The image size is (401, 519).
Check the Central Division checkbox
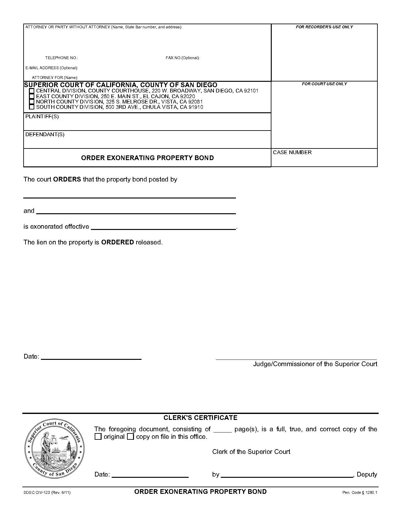pos(31,91)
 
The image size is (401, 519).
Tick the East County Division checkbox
pos(31,96)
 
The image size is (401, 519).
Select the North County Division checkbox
pos(31,102)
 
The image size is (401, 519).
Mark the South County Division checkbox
pos(31,107)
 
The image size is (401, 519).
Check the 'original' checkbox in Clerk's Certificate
pos(98,437)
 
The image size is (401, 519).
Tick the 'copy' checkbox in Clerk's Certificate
pos(131,437)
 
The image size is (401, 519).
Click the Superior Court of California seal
pos(54,449)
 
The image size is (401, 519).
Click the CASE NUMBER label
pos(292,153)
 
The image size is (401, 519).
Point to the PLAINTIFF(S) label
pos(42,117)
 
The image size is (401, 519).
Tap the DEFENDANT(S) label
pos(45,135)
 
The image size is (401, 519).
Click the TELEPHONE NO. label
pos(61,58)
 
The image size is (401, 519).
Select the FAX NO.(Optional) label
pos(182,58)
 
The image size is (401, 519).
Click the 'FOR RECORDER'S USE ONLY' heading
pos(324,27)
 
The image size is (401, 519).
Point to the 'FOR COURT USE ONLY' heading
pos(324,84)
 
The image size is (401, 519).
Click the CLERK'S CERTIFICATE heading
pos(200,418)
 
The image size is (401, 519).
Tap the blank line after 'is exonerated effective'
pos(164,228)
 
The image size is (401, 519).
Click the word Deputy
pos(367,474)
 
